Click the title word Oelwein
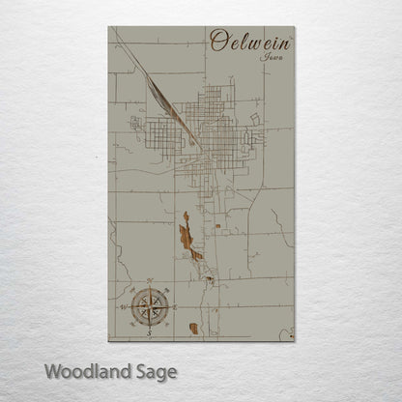coord(250,42)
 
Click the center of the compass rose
coord(150,305)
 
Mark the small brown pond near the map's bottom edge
coord(193,329)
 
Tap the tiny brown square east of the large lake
coord(217,226)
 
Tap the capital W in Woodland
coord(51,370)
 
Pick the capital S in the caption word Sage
coord(141,370)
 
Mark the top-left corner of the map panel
coord(109,28)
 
